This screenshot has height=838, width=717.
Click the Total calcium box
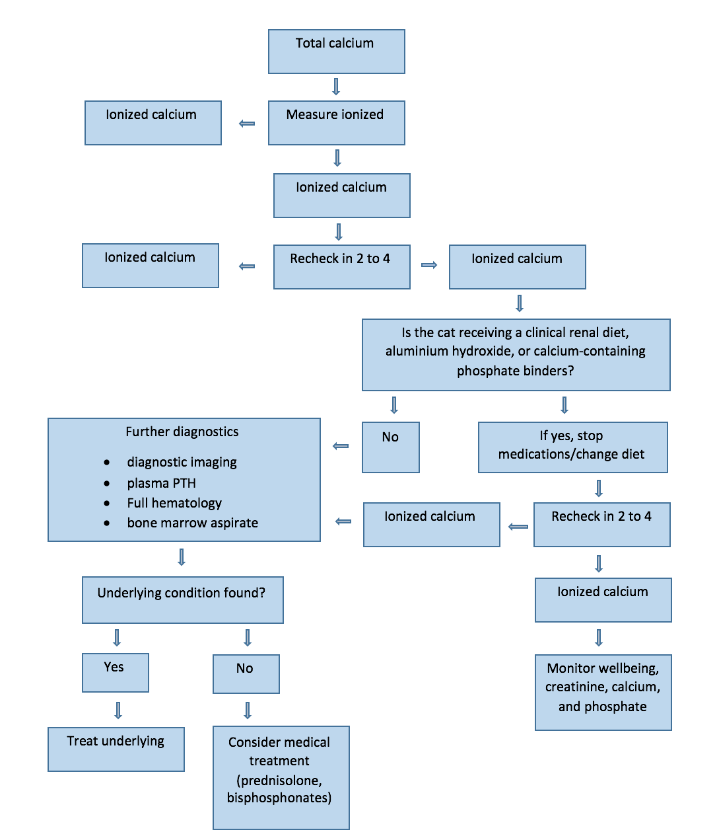coord(336,51)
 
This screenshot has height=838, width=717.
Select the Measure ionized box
coord(336,122)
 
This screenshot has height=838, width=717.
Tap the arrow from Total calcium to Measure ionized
coord(335,87)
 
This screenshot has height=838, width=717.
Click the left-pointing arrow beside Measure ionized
coord(246,123)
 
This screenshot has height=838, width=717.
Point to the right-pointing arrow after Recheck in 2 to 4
coord(428,265)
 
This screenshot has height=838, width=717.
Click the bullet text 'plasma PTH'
coord(161,483)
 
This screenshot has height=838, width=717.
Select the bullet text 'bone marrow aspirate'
coord(192,523)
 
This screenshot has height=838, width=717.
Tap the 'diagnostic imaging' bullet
coord(182,462)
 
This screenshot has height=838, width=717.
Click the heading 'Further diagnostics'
coord(182,432)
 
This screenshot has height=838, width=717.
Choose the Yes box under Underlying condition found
coord(115,672)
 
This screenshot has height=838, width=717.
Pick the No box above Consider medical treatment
coord(246,673)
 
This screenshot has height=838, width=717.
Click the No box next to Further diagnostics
coord(390,447)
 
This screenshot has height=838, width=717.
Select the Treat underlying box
coord(116,749)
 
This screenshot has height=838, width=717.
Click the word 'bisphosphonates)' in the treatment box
coord(279,798)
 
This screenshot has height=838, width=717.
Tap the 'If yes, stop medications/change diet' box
coord(572,447)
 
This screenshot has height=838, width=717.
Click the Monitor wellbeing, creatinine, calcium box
coord(603,692)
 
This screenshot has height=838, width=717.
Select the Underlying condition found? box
coord(182,599)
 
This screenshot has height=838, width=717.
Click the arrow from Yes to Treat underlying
coord(118,710)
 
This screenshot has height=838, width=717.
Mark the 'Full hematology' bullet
coord(174,503)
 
